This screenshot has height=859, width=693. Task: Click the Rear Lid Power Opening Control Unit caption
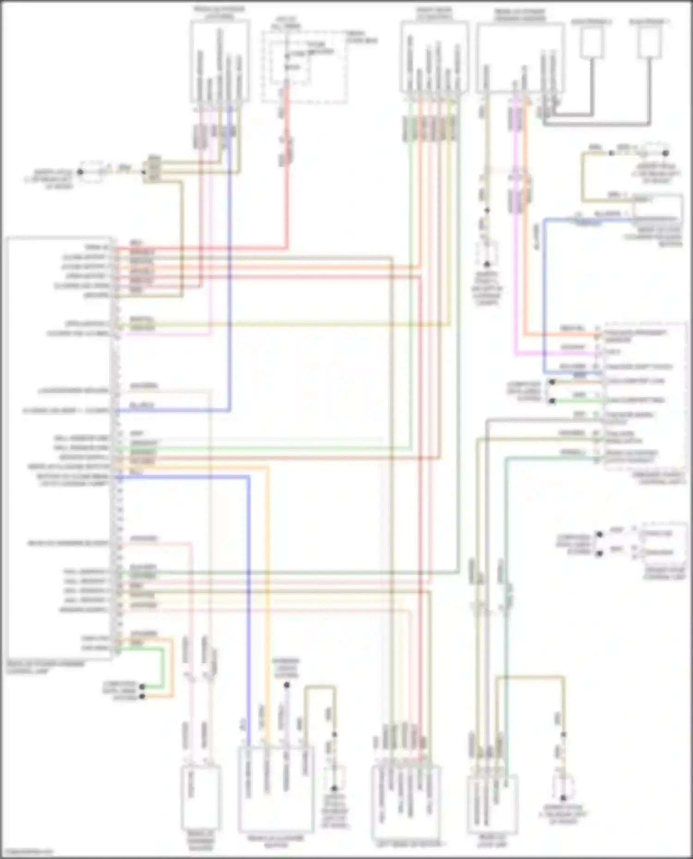[x=46, y=667]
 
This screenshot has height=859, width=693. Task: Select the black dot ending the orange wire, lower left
[x=142, y=696]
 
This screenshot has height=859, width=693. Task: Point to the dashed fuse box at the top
[x=305, y=67]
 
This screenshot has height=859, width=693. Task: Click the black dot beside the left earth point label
[x=80, y=172]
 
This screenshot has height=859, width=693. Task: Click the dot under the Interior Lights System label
[x=286, y=685]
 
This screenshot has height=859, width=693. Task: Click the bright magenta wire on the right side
[x=517, y=277]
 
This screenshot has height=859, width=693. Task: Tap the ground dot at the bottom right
[x=563, y=798]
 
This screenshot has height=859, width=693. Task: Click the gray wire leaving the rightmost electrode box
[x=650, y=92]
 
